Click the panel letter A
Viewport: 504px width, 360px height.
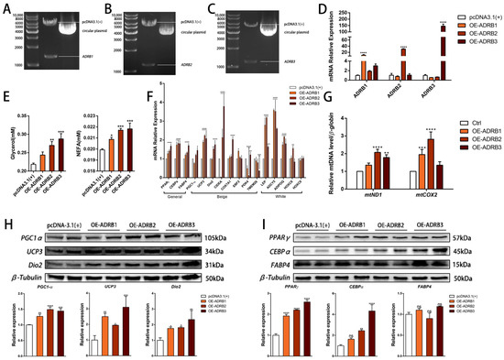click(6, 7)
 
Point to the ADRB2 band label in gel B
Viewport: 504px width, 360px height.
click(187, 66)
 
